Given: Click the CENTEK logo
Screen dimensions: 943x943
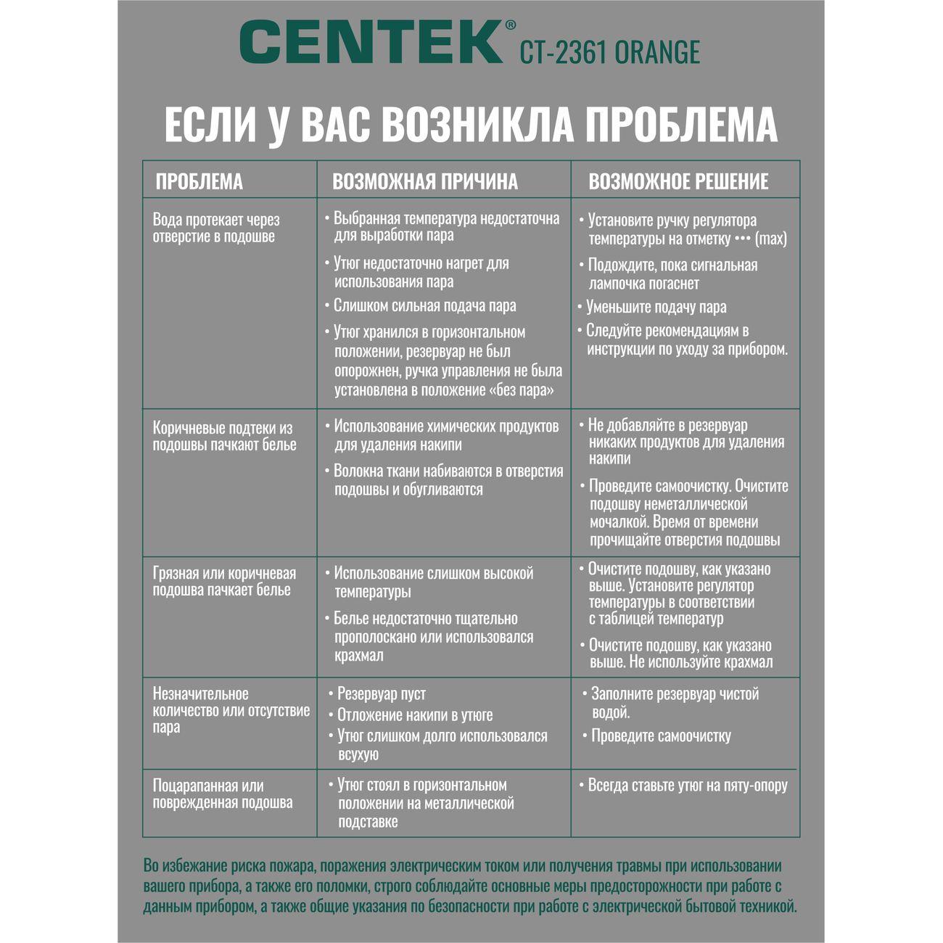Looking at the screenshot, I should (371, 41).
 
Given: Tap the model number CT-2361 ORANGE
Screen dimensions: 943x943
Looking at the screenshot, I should (609, 53).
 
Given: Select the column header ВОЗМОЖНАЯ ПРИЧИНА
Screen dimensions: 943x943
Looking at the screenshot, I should (425, 181).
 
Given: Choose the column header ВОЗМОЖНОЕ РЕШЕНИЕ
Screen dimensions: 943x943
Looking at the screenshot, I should (678, 181).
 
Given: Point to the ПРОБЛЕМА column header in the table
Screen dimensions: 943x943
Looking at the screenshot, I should (199, 181).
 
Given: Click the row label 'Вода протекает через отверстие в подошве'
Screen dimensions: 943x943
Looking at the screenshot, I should (216, 228).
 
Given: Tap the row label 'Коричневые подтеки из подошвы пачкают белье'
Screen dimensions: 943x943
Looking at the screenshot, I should (224, 437).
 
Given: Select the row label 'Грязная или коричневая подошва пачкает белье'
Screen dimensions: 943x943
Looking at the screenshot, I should (224, 582).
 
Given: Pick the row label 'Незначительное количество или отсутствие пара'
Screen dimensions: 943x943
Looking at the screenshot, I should (231, 711).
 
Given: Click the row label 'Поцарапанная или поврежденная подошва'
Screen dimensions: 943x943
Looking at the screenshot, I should (223, 794).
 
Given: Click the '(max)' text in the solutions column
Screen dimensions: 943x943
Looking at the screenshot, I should (770, 239).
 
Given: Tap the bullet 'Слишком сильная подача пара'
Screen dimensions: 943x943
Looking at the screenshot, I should (424, 306).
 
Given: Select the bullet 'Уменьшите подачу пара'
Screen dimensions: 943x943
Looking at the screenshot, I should (656, 308).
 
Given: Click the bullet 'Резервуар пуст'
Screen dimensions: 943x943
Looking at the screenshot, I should (382, 694).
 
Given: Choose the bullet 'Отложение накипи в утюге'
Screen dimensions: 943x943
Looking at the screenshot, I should (415, 715).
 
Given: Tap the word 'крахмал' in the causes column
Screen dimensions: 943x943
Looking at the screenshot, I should (359, 656).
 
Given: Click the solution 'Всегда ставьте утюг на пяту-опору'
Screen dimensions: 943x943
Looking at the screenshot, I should (687, 786).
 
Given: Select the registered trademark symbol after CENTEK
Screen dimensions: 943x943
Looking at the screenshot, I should (510, 25).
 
